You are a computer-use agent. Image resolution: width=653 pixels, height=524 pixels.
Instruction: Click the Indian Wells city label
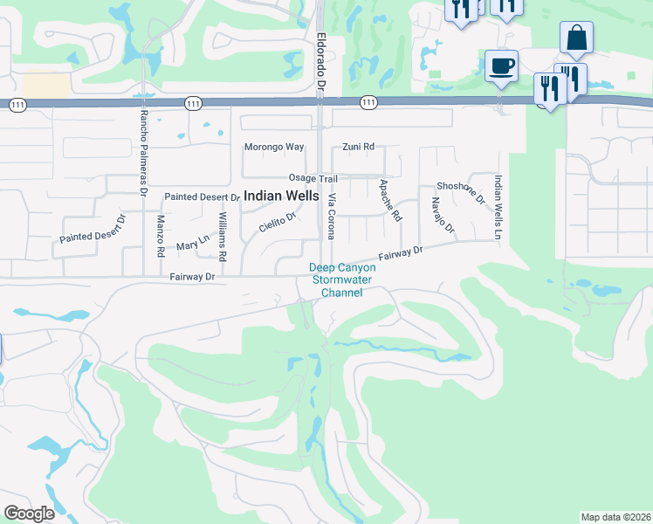281,196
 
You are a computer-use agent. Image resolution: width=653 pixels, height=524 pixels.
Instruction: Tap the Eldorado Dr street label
320,65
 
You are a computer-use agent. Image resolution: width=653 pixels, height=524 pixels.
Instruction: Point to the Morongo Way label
274,147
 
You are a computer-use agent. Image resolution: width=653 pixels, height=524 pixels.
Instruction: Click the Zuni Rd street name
358,147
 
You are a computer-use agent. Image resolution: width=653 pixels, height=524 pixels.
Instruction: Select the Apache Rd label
389,200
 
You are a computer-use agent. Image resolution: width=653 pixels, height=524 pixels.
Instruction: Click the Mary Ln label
193,241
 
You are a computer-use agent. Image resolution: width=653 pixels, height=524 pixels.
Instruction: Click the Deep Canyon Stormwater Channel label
342,280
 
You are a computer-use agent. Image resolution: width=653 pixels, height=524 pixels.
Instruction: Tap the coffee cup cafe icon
501,66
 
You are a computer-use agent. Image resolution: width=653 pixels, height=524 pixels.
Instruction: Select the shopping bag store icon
576,38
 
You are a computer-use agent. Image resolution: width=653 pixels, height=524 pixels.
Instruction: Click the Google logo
29,514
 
